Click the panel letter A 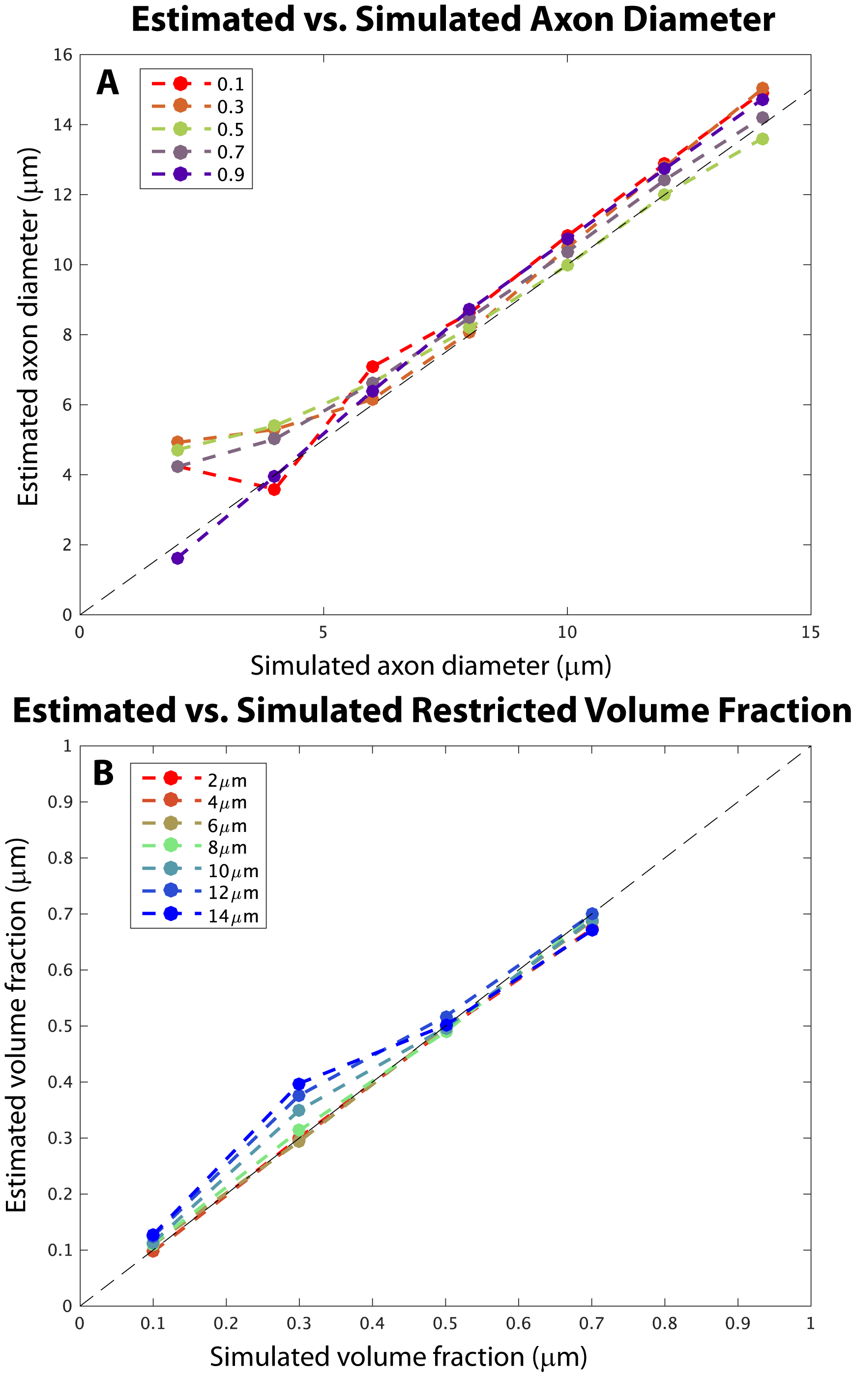click(107, 83)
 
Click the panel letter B click(103, 773)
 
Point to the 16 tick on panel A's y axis click(63, 55)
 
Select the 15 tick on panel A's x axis click(810, 632)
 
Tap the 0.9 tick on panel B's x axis click(737, 1324)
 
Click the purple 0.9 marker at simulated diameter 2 click(177, 558)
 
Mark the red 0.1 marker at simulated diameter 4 click(274, 489)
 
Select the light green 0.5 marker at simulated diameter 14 click(762, 139)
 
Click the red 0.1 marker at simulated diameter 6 click(372, 367)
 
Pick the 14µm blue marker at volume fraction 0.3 click(299, 1084)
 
